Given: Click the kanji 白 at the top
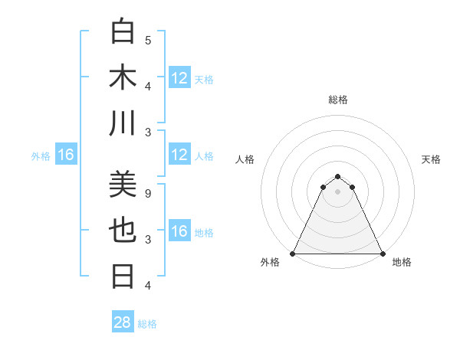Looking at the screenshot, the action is coord(123,32).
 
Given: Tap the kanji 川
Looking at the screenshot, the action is coord(123,123).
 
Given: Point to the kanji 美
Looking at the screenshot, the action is coord(123,186).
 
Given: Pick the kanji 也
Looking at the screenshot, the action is coord(123,231).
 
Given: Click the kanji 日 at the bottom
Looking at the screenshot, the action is coord(123,277).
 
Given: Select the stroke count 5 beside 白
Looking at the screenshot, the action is coord(148,40).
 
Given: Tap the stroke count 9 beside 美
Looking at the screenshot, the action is coord(148,194).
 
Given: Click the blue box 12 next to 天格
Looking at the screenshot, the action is coord(179,78).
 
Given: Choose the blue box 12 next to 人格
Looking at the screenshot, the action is coord(179,155).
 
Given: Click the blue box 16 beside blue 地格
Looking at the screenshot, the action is coord(179,231).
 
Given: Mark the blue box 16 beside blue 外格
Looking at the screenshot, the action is coord(65,155).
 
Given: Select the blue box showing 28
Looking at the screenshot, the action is coord(122,322).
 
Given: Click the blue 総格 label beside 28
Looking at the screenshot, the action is coord(147,323).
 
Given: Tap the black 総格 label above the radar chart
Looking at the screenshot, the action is coord(337,100).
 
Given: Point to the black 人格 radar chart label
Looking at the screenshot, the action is coord(245,159).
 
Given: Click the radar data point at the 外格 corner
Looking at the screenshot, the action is coord(293,253).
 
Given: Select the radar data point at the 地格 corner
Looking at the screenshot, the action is coord(382,253).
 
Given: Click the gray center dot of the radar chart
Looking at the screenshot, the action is coord(337,191).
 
